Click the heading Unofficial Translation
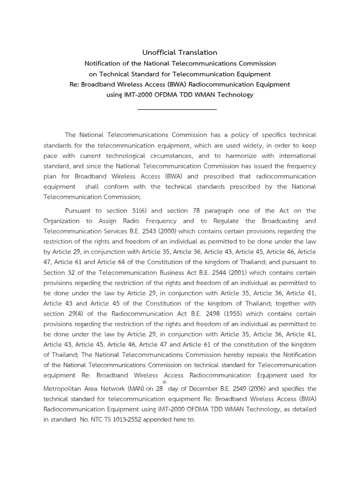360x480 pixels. click(x=180, y=52)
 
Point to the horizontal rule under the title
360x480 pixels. click(x=177, y=109)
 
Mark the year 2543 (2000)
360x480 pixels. click(x=165, y=231)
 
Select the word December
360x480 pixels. click(x=194, y=389)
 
